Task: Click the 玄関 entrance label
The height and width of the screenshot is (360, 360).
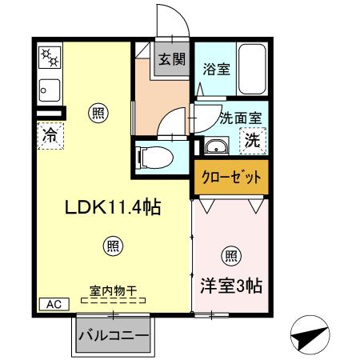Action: point(170,58)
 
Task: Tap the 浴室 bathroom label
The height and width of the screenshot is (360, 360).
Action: point(216,69)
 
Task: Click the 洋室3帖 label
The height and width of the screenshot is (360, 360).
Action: point(232,284)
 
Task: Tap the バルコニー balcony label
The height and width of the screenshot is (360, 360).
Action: point(113,336)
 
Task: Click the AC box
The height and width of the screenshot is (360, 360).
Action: point(51,304)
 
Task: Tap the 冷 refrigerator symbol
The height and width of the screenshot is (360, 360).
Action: point(50,134)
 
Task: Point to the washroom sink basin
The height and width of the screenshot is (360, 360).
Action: point(214,146)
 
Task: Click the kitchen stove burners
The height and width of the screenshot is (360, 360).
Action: point(49,57)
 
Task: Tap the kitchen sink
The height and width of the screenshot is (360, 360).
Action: point(47,88)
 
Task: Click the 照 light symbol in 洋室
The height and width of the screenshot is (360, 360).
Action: point(231,257)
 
